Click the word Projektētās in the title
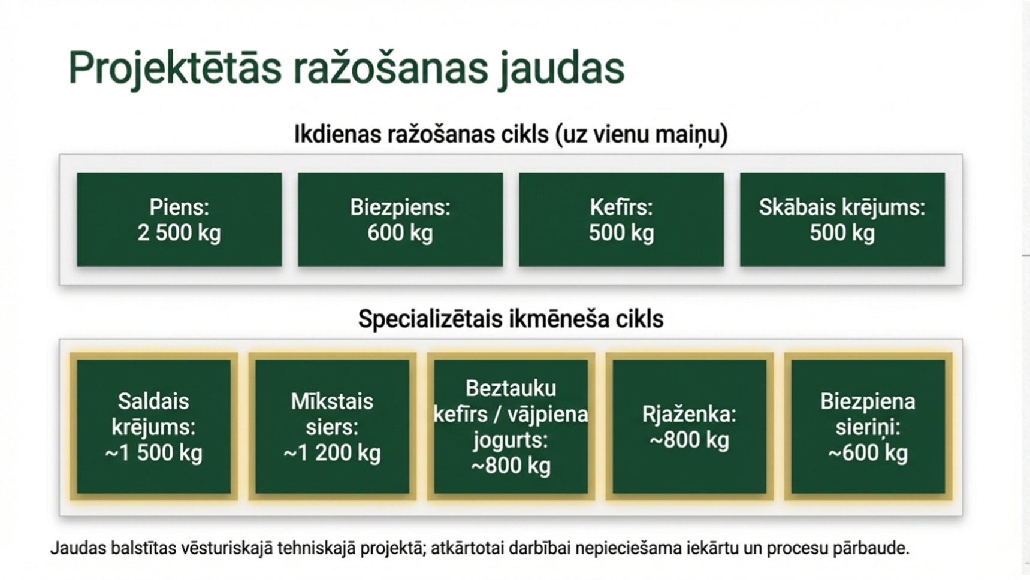pyautogui.click(x=174, y=68)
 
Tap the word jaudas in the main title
pyautogui.click(x=561, y=68)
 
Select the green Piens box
pyautogui.click(x=179, y=219)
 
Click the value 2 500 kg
pyautogui.click(x=179, y=233)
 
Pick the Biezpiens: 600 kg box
pyautogui.click(x=400, y=219)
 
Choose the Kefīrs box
pyautogui.click(x=621, y=219)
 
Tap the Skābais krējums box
pyautogui.click(x=842, y=219)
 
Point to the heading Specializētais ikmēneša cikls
pyautogui.click(x=511, y=319)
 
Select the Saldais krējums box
pyautogui.click(x=153, y=426)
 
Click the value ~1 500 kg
pyautogui.click(x=153, y=453)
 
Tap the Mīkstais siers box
pyautogui.click(x=332, y=426)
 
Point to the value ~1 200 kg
pyautogui.click(x=332, y=453)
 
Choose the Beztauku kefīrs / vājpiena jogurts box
pyautogui.click(x=511, y=426)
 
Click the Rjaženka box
pyautogui.click(x=689, y=426)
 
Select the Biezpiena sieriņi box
pyautogui.click(x=868, y=426)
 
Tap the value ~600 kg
pyautogui.click(x=868, y=453)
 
